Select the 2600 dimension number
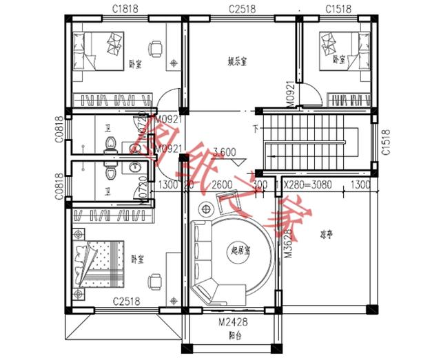221,184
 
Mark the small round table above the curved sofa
206,209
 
